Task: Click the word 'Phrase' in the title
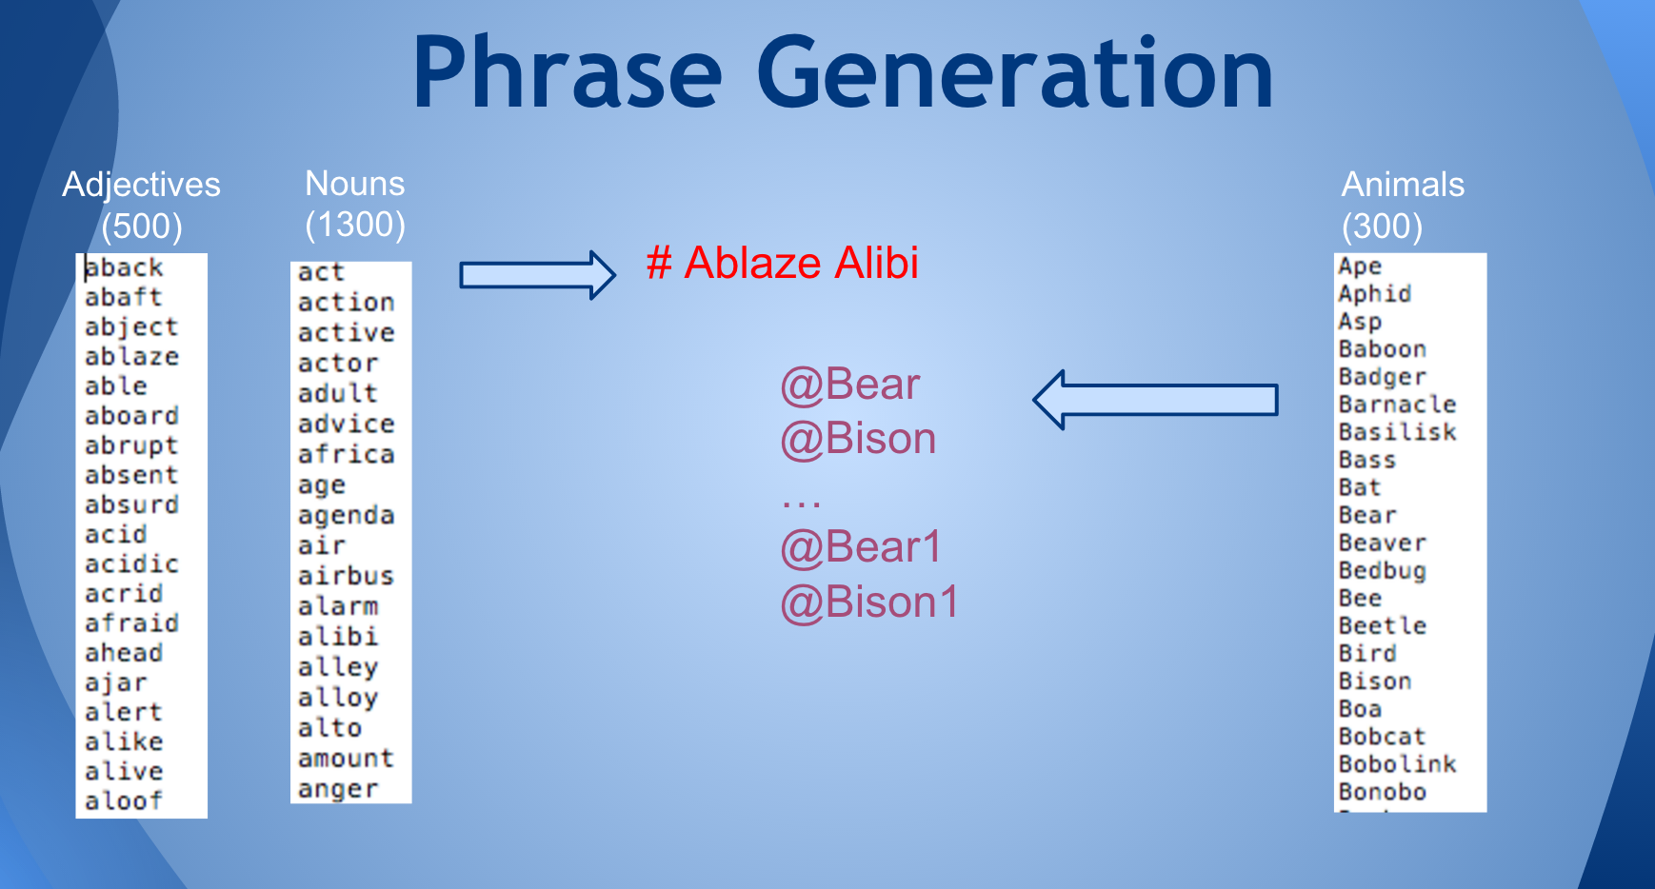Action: [567, 74]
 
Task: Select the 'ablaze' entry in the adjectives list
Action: [131, 356]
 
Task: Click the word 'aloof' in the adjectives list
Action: [124, 800]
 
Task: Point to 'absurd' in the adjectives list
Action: [131, 504]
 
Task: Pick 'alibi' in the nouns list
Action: [338, 636]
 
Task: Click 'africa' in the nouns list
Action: [346, 454]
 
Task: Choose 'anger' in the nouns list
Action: [338, 790]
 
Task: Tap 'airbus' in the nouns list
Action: [346, 576]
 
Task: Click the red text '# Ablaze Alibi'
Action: [783, 263]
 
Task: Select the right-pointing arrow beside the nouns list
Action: [538, 275]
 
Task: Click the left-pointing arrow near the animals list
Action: [1155, 400]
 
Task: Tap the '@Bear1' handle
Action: [861, 547]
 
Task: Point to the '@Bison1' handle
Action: [869, 603]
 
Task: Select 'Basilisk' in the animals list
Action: [1397, 432]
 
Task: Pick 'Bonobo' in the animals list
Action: [1382, 792]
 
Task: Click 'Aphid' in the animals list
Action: [1374, 294]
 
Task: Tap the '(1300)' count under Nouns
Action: [355, 225]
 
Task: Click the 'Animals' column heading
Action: [1403, 184]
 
